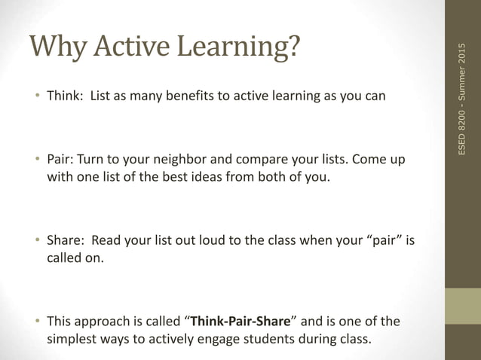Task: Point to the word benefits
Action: pos(175,96)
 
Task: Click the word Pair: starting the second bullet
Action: pos(60,161)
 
